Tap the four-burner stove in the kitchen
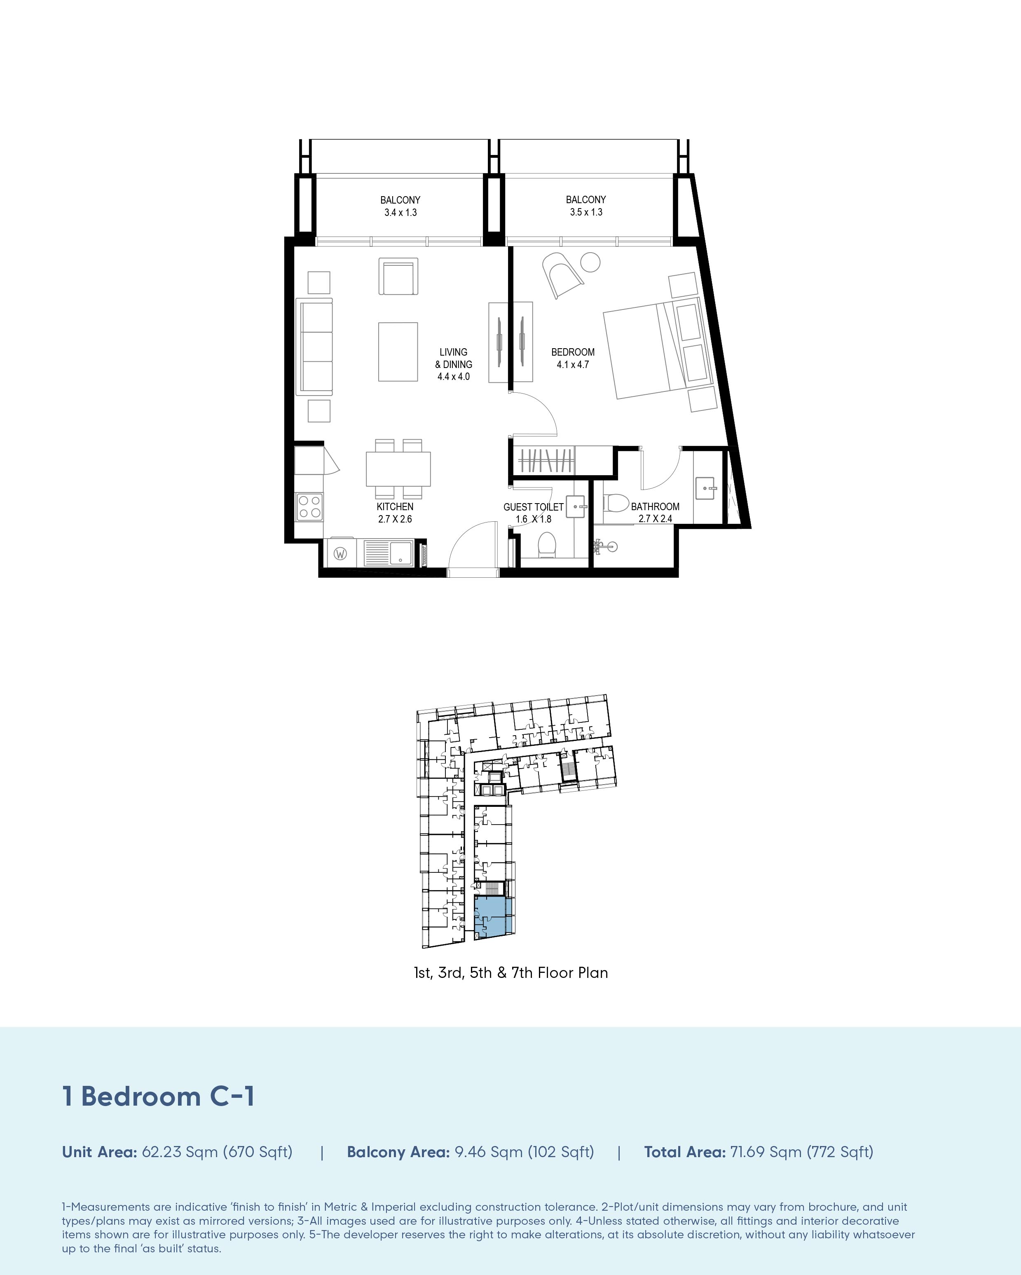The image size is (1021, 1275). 310,507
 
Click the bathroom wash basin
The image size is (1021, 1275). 705,488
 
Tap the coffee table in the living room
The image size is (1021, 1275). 398,352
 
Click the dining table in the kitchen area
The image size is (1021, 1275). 398,469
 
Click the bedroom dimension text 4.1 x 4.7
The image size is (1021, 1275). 573,365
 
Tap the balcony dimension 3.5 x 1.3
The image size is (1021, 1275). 586,212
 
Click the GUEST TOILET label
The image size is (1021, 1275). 533,507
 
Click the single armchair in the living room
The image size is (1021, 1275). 398,276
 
